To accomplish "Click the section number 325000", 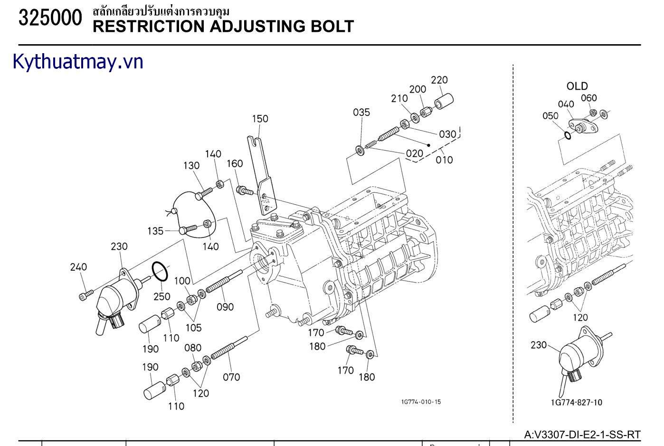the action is pos(50,18).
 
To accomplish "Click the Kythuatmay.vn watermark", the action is pos(78,62).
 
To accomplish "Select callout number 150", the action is pos(260,119).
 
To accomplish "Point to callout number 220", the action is pos(439,80).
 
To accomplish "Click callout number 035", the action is pos(361,112).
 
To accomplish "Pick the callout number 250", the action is pos(162,296).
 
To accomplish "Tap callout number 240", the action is pos(78,267).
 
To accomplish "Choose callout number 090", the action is pos(225,307).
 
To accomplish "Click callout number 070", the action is pos(231,377).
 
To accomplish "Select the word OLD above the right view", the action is pos(577,86).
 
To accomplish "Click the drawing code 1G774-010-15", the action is pos(421,402).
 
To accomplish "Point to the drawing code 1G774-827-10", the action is pos(577,402).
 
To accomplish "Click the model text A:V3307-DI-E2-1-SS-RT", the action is pos(582,435).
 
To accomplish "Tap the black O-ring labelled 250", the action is pos(160,272).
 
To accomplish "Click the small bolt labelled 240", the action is pos(86,295).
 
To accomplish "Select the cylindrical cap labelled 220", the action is pos(444,101).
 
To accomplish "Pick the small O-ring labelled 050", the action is pos(568,135).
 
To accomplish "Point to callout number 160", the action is pos(235,163).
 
